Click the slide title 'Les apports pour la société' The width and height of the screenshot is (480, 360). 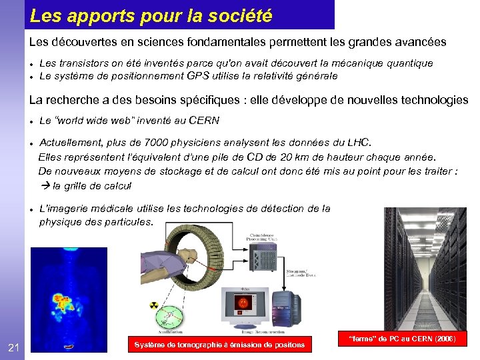[151, 14]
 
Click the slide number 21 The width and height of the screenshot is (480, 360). [13, 346]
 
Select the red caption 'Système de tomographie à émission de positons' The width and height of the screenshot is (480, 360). [219, 345]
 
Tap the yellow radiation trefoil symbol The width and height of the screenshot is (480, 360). [153, 306]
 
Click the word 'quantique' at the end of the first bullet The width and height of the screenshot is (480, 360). [410, 63]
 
